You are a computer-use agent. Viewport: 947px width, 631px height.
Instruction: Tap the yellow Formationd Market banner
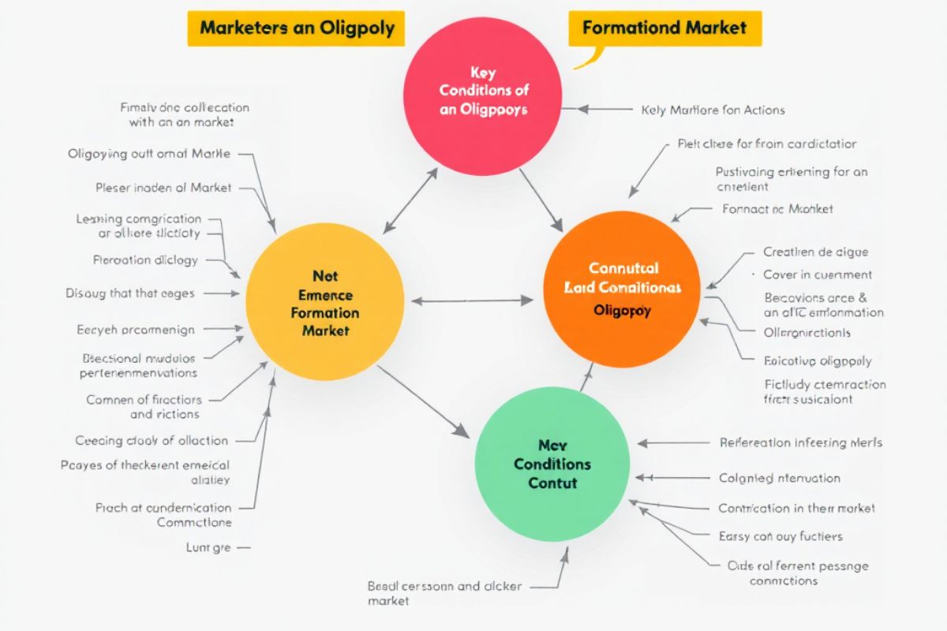[664, 28]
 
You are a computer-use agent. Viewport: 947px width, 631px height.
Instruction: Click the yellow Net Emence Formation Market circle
[325, 301]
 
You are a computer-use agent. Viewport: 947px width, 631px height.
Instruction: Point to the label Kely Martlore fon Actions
[713, 110]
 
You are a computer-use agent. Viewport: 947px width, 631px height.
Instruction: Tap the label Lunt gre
[208, 547]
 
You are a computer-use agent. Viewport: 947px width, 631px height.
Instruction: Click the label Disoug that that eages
[129, 293]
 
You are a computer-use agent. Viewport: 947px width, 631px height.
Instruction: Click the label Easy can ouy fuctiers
[780, 536]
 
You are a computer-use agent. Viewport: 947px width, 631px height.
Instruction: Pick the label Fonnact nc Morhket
[777, 209]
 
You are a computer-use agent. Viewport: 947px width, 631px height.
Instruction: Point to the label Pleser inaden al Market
[163, 188]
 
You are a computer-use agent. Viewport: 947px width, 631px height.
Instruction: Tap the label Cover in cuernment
[817, 274]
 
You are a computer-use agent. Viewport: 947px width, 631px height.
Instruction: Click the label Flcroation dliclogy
[145, 259]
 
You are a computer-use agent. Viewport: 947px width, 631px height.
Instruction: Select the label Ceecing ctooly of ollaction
[152, 441]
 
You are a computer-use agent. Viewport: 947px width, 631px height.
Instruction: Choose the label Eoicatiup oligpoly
[818, 361]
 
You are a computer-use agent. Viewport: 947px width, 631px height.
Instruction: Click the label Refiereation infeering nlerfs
[801, 442]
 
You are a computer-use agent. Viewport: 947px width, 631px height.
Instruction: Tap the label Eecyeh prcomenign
[136, 330]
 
